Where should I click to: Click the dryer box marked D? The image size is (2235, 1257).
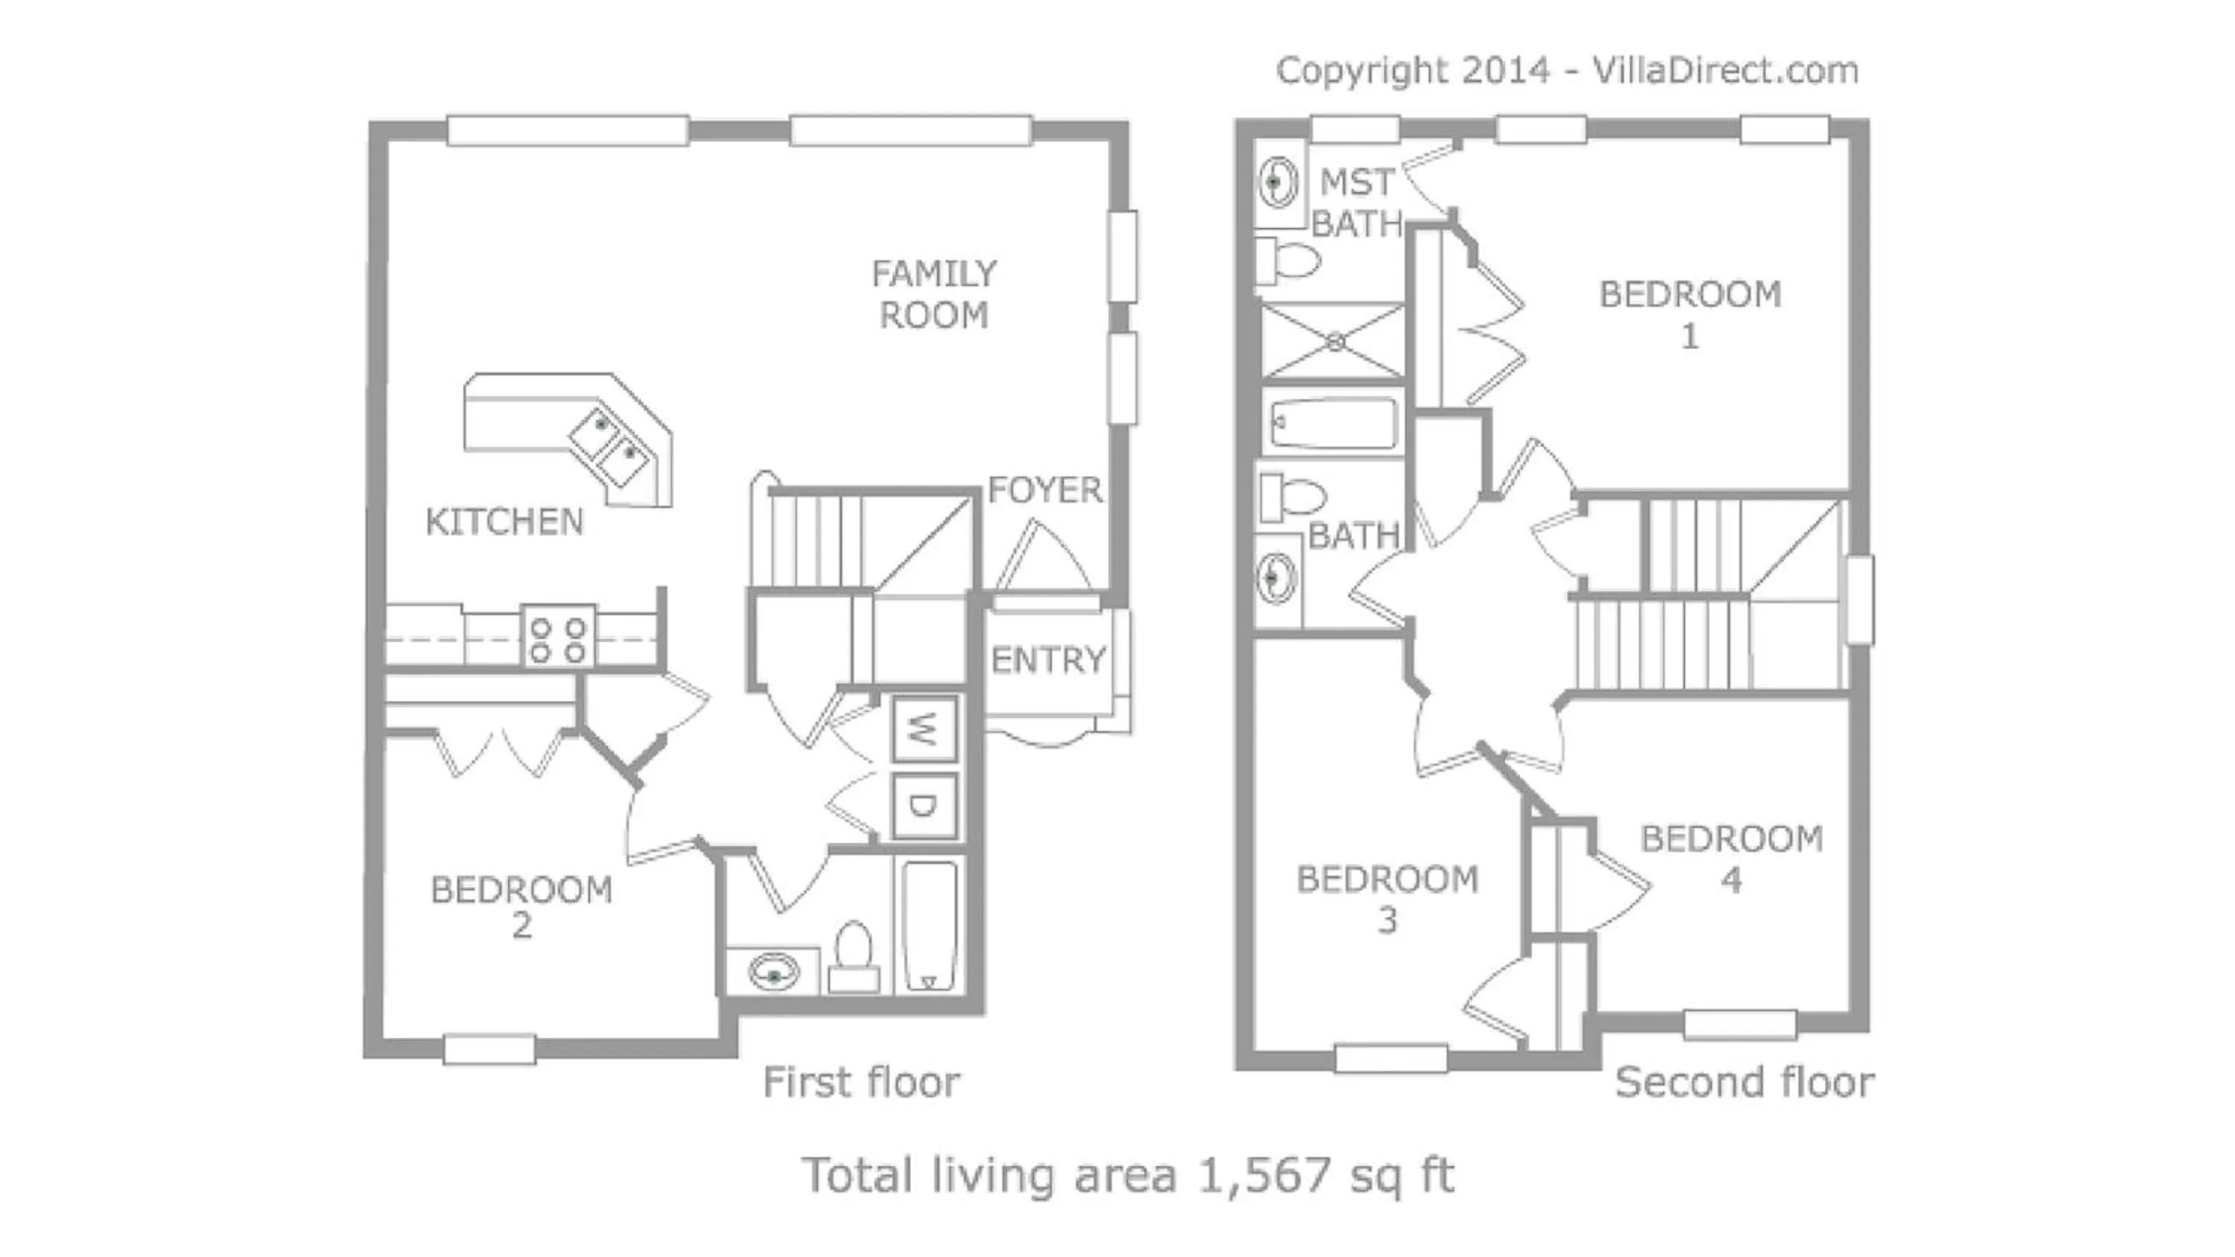[x=923, y=806]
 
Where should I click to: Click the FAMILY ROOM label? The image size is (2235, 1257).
[x=933, y=294]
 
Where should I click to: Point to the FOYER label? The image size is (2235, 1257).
[x=1044, y=490]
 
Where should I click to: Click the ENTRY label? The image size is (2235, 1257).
[x=1048, y=661]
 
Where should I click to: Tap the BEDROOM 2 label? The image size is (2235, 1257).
[x=521, y=906]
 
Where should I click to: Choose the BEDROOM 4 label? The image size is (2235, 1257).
[x=1731, y=859]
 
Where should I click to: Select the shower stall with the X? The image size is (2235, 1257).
[x=1334, y=342]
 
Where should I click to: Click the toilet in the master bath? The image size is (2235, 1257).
[x=1288, y=260]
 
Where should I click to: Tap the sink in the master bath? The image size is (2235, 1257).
[x=1276, y=183]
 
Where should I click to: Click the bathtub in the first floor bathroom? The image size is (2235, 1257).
[x=929, y=926]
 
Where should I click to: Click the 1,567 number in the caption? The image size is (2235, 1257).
[x=1264, y=1174]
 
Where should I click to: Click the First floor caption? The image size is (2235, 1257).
[x=860, y=1082]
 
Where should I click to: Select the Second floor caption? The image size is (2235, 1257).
[x=1744, y=1082]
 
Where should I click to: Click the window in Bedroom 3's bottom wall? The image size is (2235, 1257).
[x=1390, y=1058]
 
